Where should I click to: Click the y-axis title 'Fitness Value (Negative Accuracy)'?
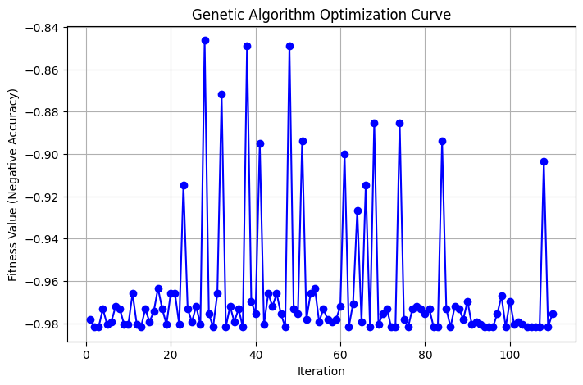coord(13,182)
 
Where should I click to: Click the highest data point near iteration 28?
coord(205,40)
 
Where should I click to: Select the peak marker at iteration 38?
coord(247,46)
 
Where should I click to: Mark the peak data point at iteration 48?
coord(289,46)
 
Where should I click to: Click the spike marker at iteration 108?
coord(544,161)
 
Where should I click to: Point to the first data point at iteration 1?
coord(90,319)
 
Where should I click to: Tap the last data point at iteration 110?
coord(553,314)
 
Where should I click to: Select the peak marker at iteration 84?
coord(442,141)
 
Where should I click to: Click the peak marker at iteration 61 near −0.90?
coord(344,154)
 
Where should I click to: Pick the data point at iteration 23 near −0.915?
coord(184,185)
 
